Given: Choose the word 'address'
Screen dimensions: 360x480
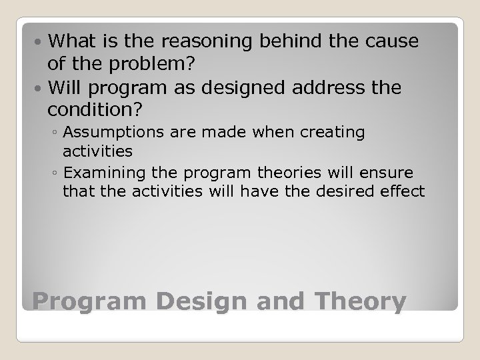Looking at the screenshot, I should point(340,87).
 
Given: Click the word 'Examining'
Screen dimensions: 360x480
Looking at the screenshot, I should point(103,173).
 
